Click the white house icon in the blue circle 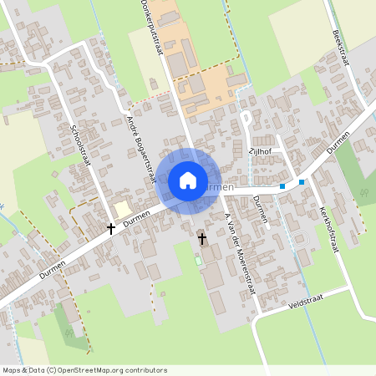coord(188,180)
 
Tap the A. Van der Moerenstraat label coord(239,254)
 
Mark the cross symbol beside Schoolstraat coord(110,227)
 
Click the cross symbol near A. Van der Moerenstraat coord(201,240)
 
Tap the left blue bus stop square coord(282,185)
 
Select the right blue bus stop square coord(302,181)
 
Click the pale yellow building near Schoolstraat coord(123,209)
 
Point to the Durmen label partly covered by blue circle coord(219,187)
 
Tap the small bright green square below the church coord(199,260)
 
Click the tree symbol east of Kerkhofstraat coord(363,193)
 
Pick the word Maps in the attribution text coord(13,370)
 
